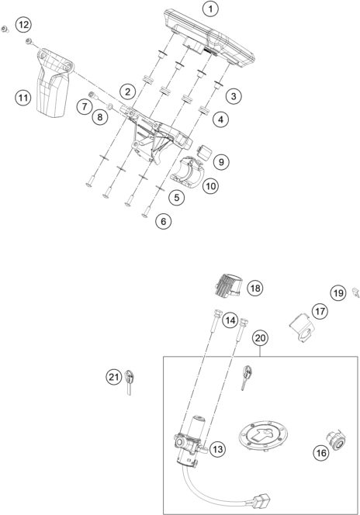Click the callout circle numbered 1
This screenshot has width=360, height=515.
coord(209,9)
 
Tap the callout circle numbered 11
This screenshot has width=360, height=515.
coord(23,97)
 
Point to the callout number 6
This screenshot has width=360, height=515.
coord(162,221)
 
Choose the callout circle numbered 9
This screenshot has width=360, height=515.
coord(221,162)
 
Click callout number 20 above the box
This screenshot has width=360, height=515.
coord(260,338)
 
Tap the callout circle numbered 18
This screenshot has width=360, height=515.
coord(255,289)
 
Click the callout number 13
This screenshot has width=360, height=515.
coord(218,448)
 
